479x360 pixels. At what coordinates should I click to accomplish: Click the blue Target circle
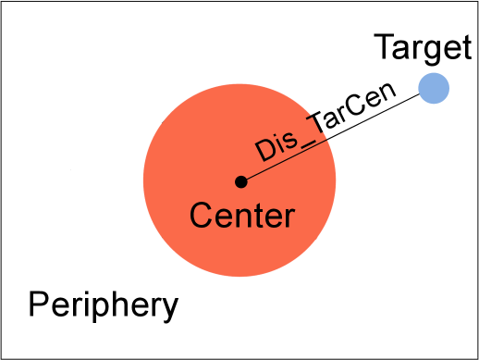click(434, 88)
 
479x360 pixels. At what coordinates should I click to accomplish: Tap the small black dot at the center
click(240, 181)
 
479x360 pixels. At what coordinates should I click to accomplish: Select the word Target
click(415, 45)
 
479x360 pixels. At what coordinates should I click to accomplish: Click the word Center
click(241, 217)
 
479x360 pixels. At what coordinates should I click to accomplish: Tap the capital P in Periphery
click(36, 303)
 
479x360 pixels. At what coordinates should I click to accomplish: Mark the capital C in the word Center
click(200, 217)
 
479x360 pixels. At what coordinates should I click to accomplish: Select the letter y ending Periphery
click(168, 307)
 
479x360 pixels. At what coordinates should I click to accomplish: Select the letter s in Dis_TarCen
click(288, 143)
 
